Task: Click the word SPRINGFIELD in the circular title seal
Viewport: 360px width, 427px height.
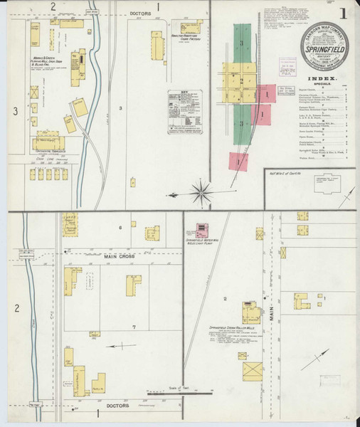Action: pos(324,51)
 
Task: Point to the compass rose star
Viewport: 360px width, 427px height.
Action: pos(203,191)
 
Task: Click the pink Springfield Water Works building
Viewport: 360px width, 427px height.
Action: pos(202,230)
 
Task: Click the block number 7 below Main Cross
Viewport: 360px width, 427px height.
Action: pos(132,327)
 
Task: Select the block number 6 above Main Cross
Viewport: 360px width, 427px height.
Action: pos(121,227)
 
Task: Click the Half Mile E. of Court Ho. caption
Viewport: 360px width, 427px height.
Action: pos(286,172)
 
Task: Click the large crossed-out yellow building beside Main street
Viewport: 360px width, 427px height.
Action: pos(252,370)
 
